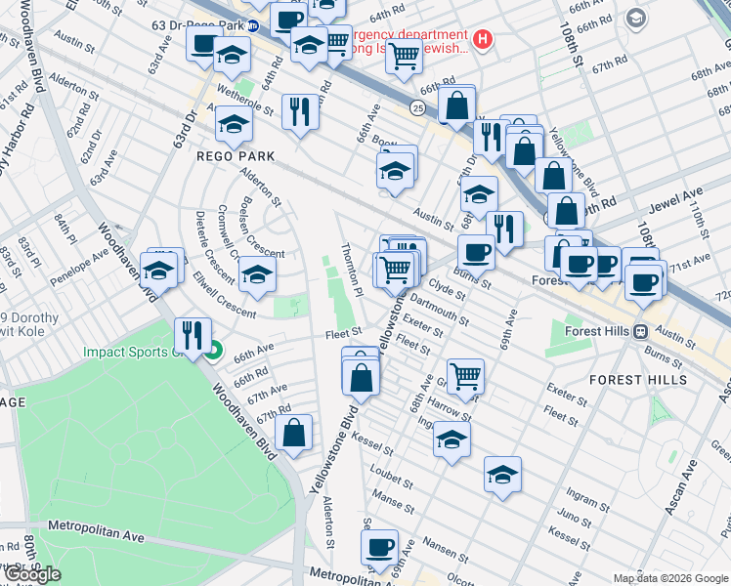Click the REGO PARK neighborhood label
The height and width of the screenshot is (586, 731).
pyautogui.click(x=236, y=156)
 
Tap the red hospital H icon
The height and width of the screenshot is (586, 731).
pyautogui.click(x=482, y=40)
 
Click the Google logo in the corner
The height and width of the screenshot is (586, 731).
pyautogui.click(x=32, y=574)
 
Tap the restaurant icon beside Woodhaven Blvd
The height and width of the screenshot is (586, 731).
pyautogui.click(x=193, y=336)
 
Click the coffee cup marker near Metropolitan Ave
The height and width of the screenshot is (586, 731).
pyautogui.click(x=380, y=550)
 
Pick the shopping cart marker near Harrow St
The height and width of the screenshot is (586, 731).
pyautogui.click(x=466, y=374)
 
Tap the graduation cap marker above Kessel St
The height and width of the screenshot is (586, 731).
pyautogui.click(x=451, y=439)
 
